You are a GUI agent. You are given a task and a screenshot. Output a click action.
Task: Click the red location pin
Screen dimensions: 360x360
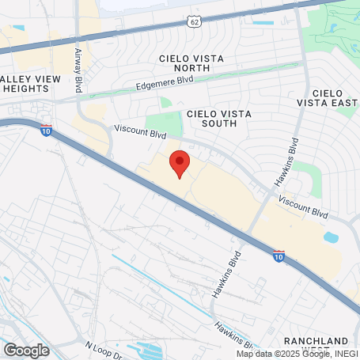click(x=180, y=163)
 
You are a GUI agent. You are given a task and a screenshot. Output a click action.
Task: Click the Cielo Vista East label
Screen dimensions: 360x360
click(x=325, y=97)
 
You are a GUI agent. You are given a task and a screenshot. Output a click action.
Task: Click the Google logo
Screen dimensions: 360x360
click(x=26, y=349)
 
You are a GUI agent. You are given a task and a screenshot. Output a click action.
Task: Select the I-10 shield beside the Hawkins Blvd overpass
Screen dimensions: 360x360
click(x=279, y=256)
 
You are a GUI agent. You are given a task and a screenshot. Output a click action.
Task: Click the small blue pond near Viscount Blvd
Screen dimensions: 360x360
click(x=331, y=237)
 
